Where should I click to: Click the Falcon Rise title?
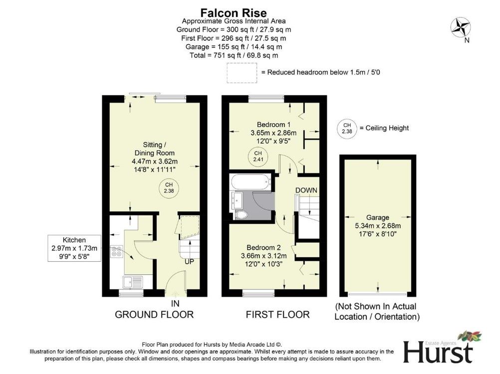[234, 13]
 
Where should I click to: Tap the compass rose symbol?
[461, 27]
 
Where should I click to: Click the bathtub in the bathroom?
[250, 182]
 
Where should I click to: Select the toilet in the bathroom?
[241, 215]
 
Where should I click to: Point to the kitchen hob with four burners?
[116, 251]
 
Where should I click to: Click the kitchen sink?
[133, 282]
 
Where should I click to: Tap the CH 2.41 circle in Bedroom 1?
[258, 156]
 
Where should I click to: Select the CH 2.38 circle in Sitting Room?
[169, 187]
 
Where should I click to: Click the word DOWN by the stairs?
[306, 190]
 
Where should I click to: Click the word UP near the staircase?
[190, 261]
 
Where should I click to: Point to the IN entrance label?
[175, 303]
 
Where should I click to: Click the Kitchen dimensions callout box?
[74, 248]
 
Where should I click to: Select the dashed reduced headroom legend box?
[242, 73]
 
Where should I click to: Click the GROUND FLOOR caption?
[154, 315]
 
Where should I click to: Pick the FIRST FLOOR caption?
[277, 315]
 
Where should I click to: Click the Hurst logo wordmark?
[438, 352]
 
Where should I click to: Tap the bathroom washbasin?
[237, 200]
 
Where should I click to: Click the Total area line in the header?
[234, 55]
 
